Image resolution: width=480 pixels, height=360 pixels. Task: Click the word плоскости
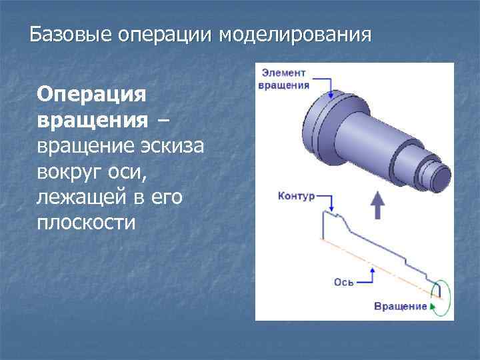coord(86,222)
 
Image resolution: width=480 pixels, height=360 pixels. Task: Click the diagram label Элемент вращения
coord(284,78)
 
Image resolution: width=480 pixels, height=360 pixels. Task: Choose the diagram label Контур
coord(295,197)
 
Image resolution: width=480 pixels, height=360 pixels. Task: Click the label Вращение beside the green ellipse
coord(400,306)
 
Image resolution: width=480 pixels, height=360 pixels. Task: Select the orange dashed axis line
coord(373,263)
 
